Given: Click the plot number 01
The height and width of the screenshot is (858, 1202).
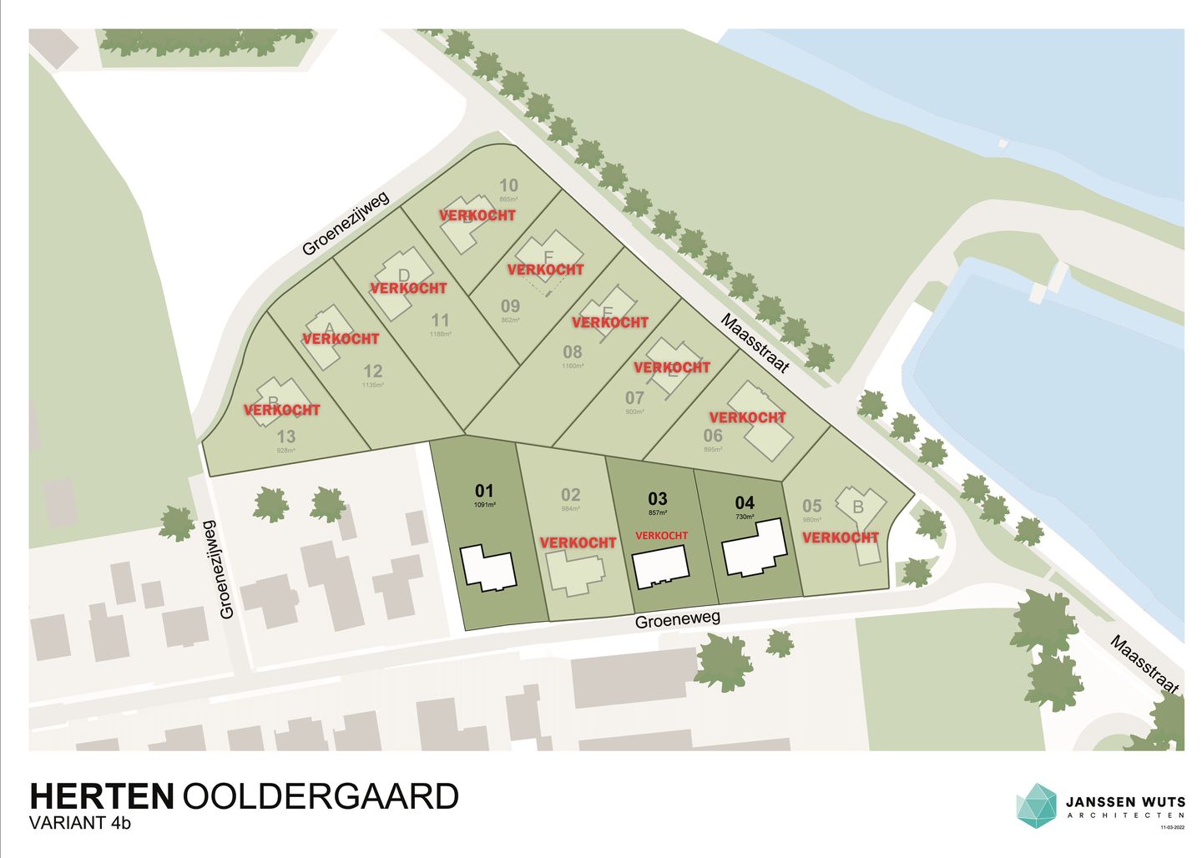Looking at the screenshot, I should [x=484, y=491].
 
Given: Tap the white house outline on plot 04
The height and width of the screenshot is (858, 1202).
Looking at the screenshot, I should [x=755, y=548].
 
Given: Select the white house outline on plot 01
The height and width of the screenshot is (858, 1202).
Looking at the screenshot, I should [x=488, y=568].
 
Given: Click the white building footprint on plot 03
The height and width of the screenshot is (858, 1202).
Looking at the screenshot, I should [x=660, y=567].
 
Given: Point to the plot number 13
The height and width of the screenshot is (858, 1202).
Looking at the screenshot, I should [x=286, y=437].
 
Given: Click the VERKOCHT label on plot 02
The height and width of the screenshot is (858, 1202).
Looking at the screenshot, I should [x=578, y=543].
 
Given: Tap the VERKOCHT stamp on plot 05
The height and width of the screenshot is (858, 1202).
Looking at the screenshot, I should [x=841, y=538].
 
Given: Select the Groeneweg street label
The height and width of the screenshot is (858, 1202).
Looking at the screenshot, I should [x=677, y=620].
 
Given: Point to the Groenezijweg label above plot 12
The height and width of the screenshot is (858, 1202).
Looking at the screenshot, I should [x=346, y=221].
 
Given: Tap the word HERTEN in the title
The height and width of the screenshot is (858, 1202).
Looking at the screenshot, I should [x=101, y=796].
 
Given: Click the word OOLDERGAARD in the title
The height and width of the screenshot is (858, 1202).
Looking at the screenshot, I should [x=321, y=796].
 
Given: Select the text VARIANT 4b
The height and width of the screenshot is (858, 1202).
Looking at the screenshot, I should [x=80, y=823].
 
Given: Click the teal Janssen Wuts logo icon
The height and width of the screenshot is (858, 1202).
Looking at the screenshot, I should [x=1036, y=805].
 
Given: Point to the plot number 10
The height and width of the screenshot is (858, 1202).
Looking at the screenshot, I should [x=508, y=185].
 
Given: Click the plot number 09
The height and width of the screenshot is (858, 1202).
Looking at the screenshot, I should [x=510, y=306].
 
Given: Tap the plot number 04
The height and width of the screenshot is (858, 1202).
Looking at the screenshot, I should [x=745, y=502].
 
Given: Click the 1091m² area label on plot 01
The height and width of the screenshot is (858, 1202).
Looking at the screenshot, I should [x=484, y=505].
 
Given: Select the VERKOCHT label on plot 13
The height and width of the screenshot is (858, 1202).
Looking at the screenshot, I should [x=282, y=410].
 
